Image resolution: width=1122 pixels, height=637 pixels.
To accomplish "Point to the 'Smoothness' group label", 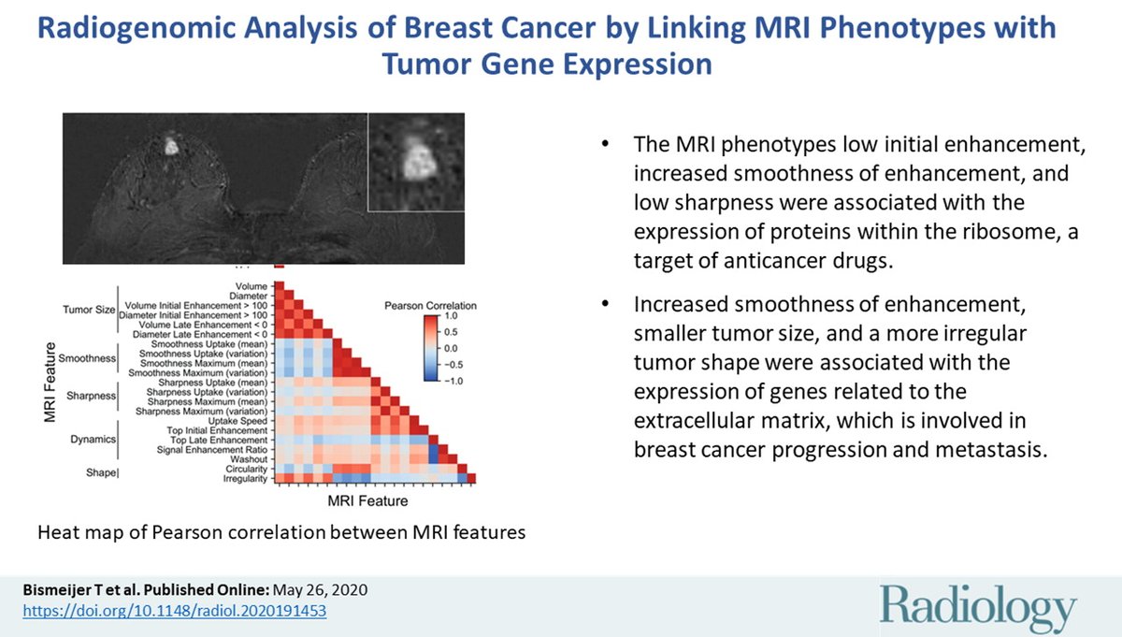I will pyautogui.click(x=86, y=358).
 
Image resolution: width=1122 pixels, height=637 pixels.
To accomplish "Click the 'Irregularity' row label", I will pyautogui.click(x=245, y=479).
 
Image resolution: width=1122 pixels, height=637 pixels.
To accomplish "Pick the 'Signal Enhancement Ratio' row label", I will pyautogui.click(x=216, y=450).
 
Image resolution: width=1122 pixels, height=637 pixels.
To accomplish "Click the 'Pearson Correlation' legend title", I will pyautogui.click(x=431, y=305).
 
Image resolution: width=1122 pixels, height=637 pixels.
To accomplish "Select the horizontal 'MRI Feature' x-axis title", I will pyautogui.click(x=368, y=500).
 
